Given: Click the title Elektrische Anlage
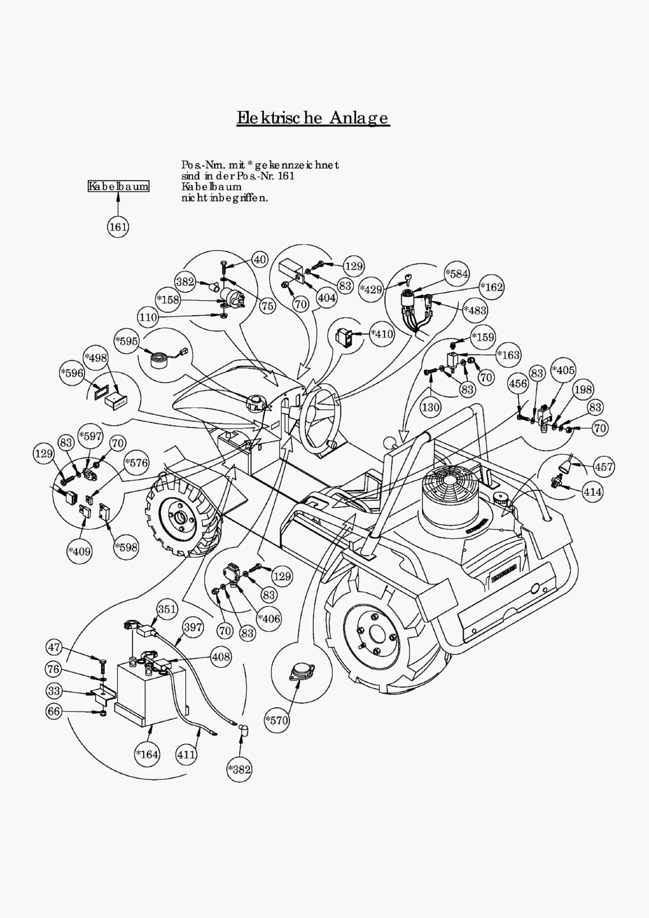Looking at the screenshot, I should coord(313,117).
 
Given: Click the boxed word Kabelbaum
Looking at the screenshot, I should coord(119,186).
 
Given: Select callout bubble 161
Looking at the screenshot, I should coord(119,226).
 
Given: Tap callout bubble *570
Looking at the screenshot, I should coord(277,720).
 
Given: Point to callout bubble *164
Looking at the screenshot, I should coord(147,754).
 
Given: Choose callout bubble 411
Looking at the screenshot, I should coord(186,754).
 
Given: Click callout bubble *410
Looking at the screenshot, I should coord(382,334).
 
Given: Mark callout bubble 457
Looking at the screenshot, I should coord(604,466).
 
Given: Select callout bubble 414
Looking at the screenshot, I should coord(592,491).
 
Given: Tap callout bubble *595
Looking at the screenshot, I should coord(127,341).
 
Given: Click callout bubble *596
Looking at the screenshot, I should coord(73,373).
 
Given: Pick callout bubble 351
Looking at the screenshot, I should coord(168,609).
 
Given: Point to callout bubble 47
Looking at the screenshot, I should coord(55,647).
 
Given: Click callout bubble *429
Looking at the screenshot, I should coord(371,289).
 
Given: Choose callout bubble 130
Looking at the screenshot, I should coord(431,407).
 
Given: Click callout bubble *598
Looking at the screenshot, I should coord(126,547).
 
